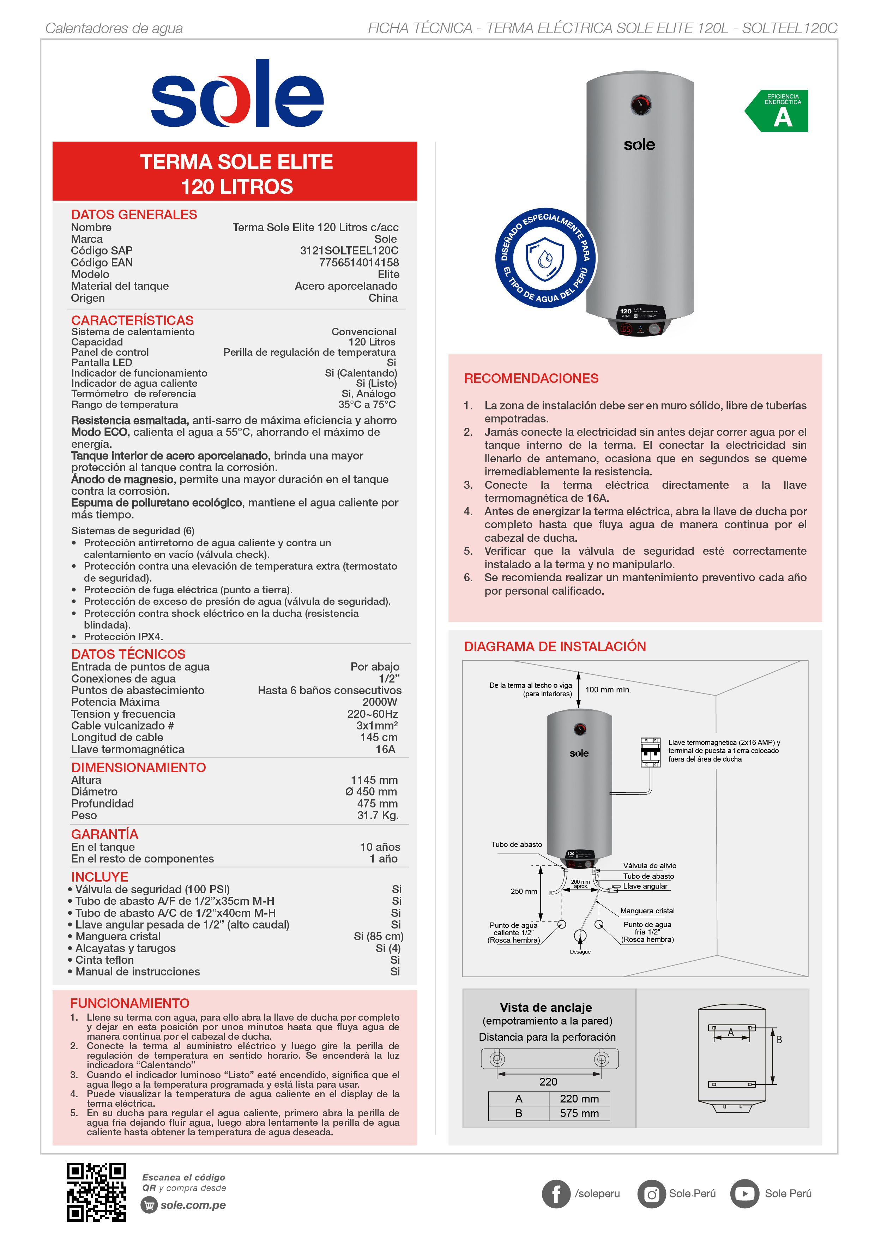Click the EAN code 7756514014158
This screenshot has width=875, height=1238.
tap(358, 263)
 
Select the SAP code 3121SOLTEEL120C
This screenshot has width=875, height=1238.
tap(349, 251)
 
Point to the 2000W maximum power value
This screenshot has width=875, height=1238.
tap(380, 702)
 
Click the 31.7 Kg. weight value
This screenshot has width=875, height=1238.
tap(378, 816)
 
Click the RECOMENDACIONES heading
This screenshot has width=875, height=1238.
tap(531, 379)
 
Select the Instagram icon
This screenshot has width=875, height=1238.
tap(652, 1194)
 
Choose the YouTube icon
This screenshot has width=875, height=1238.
tap(744, 1194)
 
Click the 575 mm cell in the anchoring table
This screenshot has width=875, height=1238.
tap(579, 1113)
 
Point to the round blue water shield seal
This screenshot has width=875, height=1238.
tap(545, 258)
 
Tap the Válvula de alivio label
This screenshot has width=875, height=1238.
tap(649, 866)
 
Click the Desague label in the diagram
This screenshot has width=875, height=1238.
tap(580, 952)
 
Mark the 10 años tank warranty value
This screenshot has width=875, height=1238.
tap(380, 847)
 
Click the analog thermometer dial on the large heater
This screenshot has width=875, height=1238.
tap(640, 104)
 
